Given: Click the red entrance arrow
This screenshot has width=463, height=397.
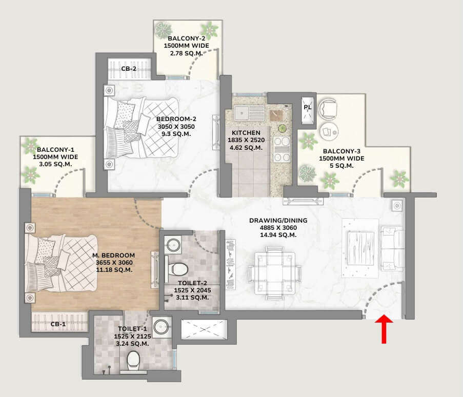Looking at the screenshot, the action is pos(384,329).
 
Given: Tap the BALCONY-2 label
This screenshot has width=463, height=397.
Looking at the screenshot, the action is pos(186,38).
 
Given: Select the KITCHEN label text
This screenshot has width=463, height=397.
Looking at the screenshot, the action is pos(246,133).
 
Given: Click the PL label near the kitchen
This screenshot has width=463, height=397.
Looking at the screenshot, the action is pos(308,107).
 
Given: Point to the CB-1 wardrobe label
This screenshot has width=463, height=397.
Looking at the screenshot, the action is pos(58,324).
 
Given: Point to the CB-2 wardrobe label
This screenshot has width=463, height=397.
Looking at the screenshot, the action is pos(129,69).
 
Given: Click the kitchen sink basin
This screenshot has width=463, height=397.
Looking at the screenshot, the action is pos(241,113).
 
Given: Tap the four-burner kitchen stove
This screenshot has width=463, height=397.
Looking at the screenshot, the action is pos(281,149).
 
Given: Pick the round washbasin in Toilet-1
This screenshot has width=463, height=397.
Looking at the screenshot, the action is pos(162,327).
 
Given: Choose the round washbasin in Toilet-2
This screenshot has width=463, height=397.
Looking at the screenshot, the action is pos(173,245).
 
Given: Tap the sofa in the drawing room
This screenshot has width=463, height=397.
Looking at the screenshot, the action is pos(392,248).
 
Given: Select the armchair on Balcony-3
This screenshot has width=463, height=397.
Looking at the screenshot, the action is pos(328,109).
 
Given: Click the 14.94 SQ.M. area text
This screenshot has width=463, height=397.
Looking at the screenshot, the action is pos(278,235).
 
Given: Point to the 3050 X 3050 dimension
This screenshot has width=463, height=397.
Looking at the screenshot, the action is pos(176,127).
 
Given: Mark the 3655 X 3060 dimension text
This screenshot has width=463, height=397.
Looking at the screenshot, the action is pos(114,263).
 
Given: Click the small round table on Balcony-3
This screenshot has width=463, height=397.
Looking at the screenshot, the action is pos(329,132).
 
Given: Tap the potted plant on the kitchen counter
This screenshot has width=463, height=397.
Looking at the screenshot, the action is pos(282,129).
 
